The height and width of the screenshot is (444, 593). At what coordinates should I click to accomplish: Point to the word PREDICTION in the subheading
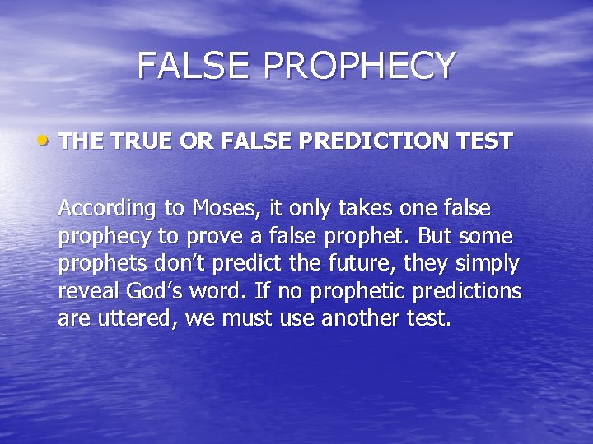click(383, 141)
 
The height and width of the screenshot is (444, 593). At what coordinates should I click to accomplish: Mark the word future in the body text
click(342, 265)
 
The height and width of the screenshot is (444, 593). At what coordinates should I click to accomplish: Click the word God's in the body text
click(150, 292)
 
